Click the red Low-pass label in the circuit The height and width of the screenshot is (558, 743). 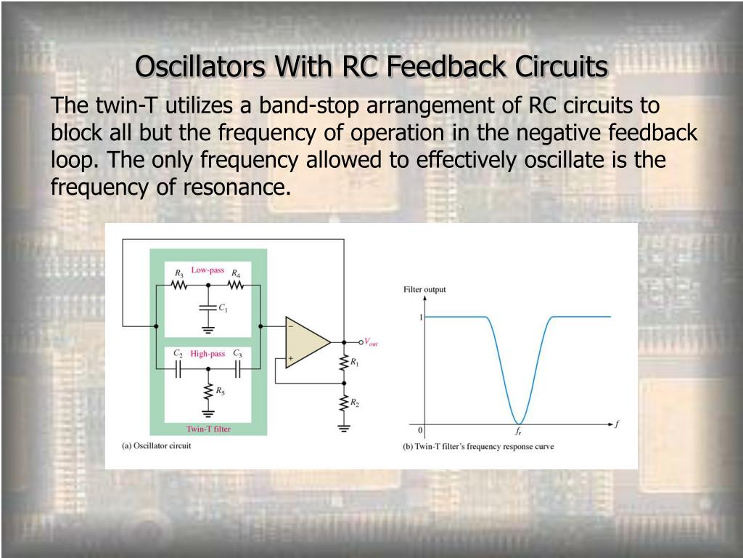coord(208,270)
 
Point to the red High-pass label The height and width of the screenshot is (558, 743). coord(208,354)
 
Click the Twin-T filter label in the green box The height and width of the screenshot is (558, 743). coord(208,429)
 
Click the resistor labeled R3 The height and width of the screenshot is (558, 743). coord(179,285)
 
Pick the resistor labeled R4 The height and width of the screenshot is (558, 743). coord(236,285)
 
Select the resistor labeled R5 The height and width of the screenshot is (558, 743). coord(208,390)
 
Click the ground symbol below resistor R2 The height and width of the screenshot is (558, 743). coord(343,428)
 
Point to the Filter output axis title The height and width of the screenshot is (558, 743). coord(424,290)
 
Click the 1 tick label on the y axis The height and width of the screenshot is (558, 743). coord(419,317)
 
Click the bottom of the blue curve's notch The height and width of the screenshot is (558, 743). coord(518,422)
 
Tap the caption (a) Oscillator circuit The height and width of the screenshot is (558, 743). coord(156,445)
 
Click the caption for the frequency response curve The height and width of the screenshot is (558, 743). coord(478,446)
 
